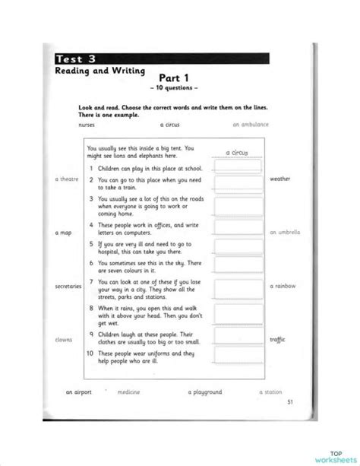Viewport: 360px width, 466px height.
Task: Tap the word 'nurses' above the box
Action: (x=87, y=122)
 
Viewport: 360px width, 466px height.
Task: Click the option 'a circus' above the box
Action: (x=172, y=122)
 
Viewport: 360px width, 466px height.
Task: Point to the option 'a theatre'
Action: (x=67, y=179)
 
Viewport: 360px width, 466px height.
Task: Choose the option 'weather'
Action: (x=279, y=179)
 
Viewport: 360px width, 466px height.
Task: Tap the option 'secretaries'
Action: (x=68, y=286)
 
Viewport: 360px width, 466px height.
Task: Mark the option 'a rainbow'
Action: (x=283, y=286)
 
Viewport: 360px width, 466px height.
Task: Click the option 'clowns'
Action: (x=65, y=340)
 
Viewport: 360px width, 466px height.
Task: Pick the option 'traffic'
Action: (x=278, y=340)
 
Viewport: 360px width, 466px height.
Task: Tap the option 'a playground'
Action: (x=205, y=392)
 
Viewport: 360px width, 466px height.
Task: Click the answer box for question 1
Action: (x=237, y=165)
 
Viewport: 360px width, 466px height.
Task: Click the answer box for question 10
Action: (x=237, y=357)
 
